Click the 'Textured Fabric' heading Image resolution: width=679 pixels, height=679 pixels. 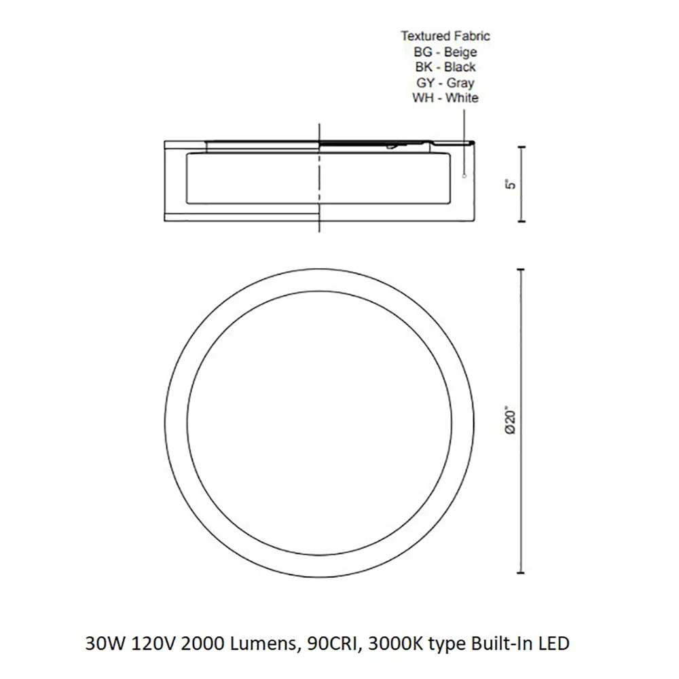coord(445,36)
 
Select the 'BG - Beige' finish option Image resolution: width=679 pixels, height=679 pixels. coord(445,52)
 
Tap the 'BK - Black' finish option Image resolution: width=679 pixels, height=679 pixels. coord(445,67)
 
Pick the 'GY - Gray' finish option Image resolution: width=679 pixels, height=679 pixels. coord(445,83)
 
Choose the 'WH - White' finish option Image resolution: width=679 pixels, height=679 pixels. coord(445,98)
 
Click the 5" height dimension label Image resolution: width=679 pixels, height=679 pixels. coord(511,184)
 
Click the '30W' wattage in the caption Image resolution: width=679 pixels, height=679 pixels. coord(105,644)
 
